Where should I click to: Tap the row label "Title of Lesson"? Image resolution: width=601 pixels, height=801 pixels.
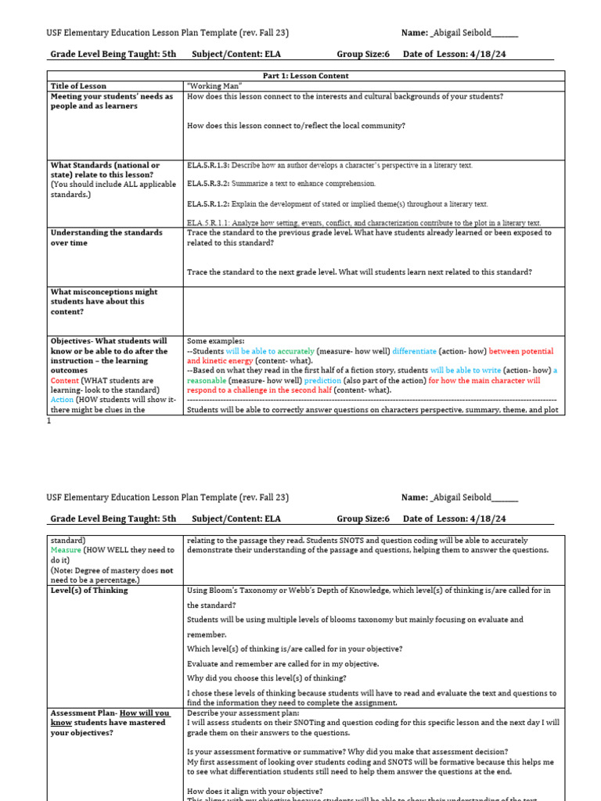[x=78, y=86]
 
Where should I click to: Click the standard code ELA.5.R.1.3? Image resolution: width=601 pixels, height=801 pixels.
[x=207, y=166]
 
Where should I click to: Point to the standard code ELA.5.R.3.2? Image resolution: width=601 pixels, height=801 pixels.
[x=207, y=184]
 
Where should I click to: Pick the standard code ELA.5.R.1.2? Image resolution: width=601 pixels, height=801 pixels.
[x=207, y=204]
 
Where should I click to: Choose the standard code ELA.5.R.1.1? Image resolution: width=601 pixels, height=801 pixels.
[x=207, y=223]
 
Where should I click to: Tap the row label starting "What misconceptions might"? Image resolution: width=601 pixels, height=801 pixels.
[x=103, y=292]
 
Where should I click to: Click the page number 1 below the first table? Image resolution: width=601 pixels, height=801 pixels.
[x=49, y=421]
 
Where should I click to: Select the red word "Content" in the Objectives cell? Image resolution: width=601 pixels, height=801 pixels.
[x=65, y=380]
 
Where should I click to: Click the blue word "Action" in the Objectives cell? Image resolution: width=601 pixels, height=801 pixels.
[x=63, y=400]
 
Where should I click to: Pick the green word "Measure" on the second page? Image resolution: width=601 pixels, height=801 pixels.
[x=66, y=550]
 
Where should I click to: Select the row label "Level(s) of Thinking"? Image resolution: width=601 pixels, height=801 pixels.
[x=88, y=591]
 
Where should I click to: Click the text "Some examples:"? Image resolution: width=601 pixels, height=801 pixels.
[x=215, y=342]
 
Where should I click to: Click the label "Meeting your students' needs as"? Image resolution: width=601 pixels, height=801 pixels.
[x=112, y=96]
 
